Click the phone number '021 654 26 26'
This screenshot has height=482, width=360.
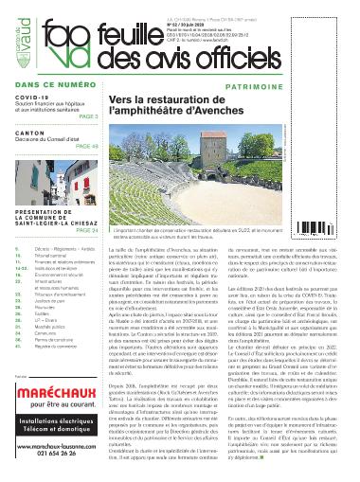click(x=54, y=454)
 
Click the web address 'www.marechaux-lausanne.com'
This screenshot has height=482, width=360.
click(x=54, y=445)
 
